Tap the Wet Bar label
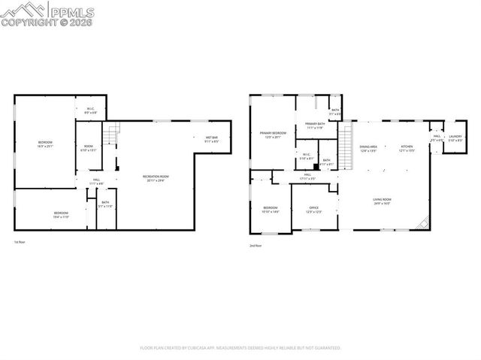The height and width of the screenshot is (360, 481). click(x=211, y=139)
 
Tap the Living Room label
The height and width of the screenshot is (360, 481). click(x=383, y=201)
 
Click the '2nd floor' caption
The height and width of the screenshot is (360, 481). click(x=256, y=245)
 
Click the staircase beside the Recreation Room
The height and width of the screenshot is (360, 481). click(x=110, y=136)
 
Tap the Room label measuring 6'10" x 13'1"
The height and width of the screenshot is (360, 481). click(x=89, y=148)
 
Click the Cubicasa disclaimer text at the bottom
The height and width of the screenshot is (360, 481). click(x=240, y=348)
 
